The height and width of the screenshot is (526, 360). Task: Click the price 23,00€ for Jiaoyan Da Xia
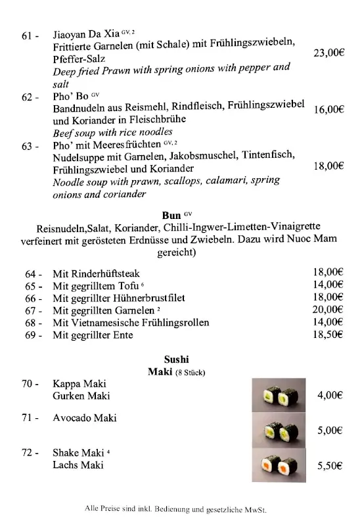pyautogui.click(x=328, y=53)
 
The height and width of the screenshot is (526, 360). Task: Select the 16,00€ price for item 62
pyautogui.click(x=328, y=110)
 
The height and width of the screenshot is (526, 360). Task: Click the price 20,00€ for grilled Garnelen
pyautogui.click(x=328, y=309)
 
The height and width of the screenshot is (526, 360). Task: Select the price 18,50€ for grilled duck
pyautogui.click(x=328, y=334)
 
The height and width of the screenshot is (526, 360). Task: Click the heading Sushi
pyautogui.click(x=176, y=359)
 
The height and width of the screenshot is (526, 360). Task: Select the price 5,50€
pyautogui.click(x=330, y=465)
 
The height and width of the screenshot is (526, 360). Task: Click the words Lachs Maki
pyautogui.click(x=78, y=465)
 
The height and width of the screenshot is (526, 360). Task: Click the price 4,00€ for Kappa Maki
pyautogui.click(x=330, y=395)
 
